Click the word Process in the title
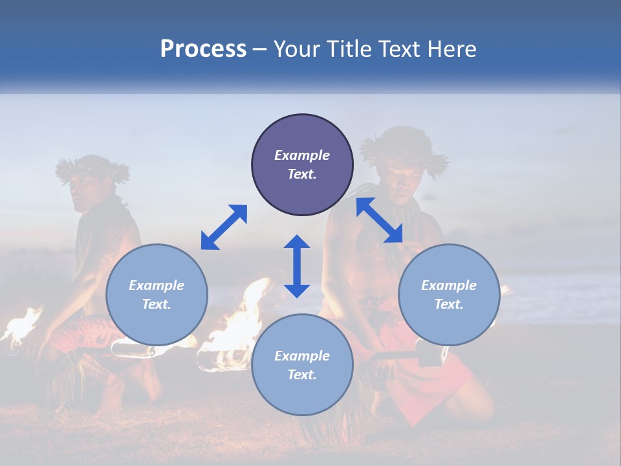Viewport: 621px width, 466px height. (x=203, y=49)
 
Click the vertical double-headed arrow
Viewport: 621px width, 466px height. (x=297, y=266)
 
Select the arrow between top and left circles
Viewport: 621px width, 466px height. (x=224, y=227)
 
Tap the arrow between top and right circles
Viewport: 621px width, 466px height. (x=379, y=221)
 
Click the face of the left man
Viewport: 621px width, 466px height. (x=84, y=192)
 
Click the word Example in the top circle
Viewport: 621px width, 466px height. (x=302, y=155)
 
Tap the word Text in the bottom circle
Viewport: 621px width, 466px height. (x=302, y=375)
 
